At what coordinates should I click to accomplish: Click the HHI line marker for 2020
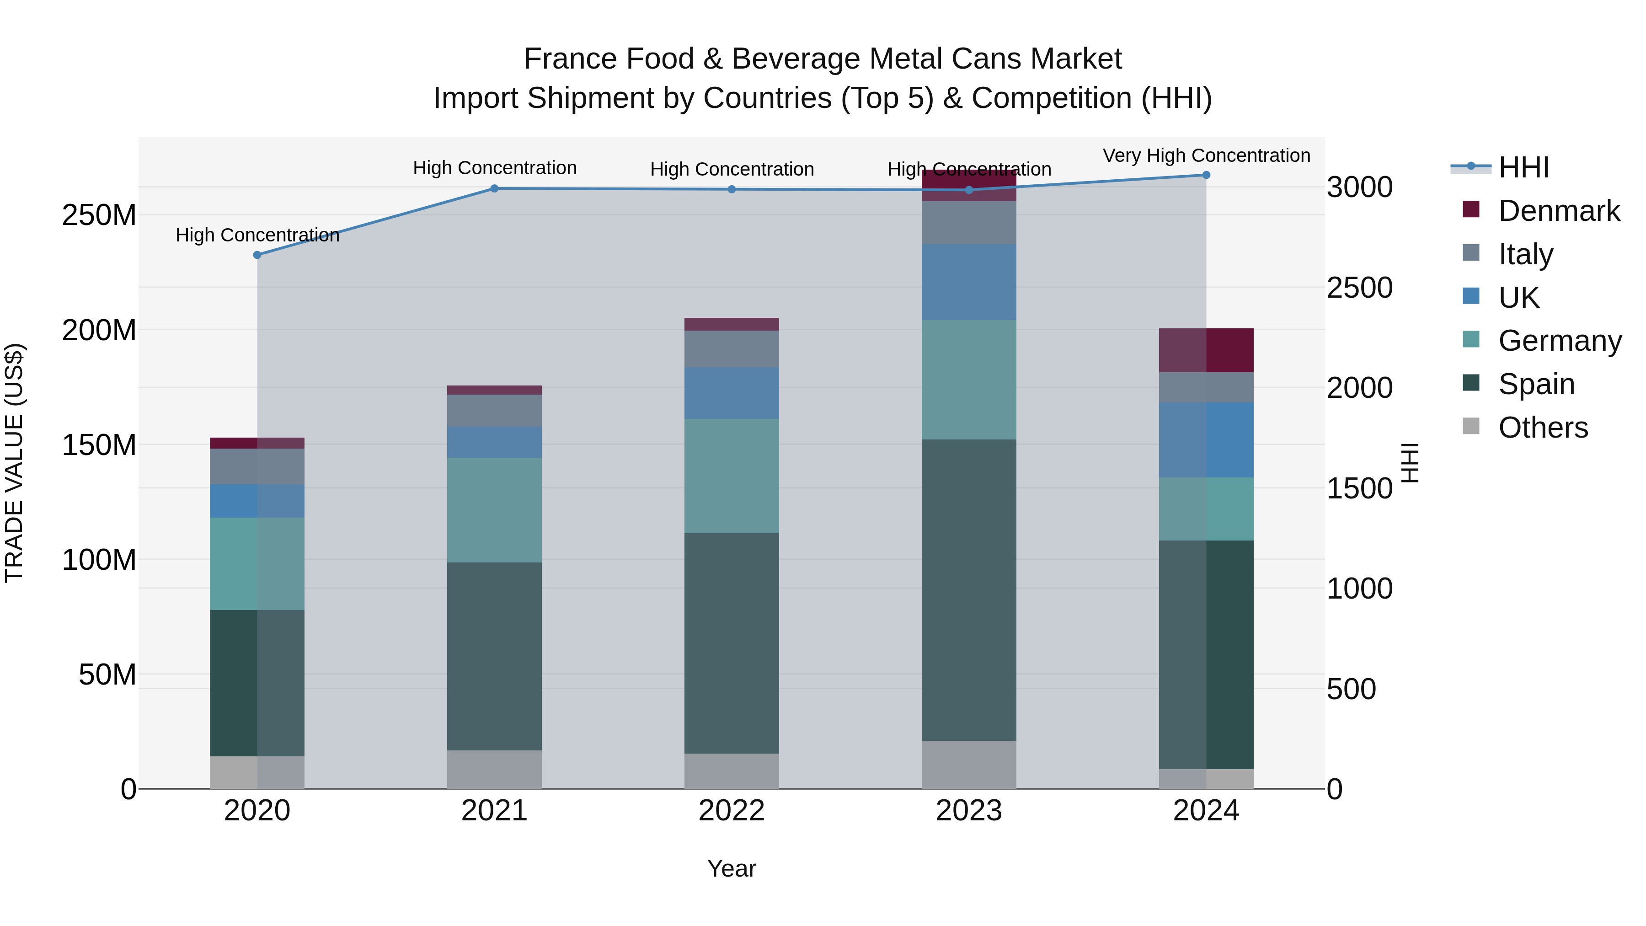257,255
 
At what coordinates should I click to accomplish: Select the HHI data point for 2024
1206,175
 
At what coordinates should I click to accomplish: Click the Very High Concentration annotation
1206,155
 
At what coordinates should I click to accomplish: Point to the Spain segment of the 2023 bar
969,589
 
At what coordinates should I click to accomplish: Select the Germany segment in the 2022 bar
732,476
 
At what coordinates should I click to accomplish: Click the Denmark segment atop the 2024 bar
1206,350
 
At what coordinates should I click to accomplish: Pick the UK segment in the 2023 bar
969,282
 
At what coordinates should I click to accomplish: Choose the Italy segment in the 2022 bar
732,348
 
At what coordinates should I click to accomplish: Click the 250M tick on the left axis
99,215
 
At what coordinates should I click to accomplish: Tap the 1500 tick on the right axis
1359,488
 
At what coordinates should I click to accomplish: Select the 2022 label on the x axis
732,811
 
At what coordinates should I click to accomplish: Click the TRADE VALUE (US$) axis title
14,463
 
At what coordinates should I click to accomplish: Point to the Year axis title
732,868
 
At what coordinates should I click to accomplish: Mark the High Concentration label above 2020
257,235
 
